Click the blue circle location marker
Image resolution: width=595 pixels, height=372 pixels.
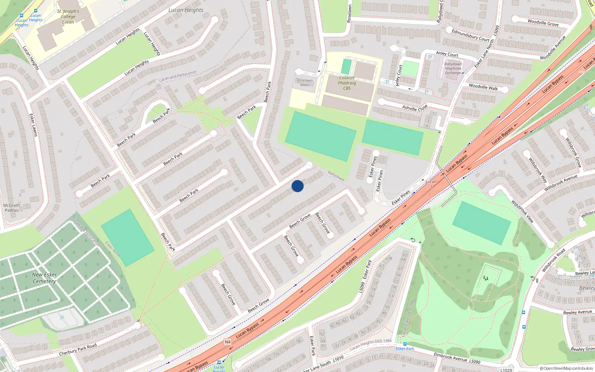(x=297, y=186)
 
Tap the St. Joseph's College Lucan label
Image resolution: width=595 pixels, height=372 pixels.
(x=68, y=17)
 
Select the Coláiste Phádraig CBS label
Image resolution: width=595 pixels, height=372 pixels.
(x=347, y=83)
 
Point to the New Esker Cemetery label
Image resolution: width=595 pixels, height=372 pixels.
(x=44, y=278)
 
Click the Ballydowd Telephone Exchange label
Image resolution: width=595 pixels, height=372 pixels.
(x=453, y=68)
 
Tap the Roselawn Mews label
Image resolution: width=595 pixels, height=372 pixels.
(x=305, y=83)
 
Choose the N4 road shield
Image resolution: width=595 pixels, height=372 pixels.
(x=228, y=342)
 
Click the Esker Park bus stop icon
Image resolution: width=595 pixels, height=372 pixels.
(x=405, y=344)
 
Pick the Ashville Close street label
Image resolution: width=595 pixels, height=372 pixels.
(x=415, y=108)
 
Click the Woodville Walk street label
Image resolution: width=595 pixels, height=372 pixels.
(x=483, y=87)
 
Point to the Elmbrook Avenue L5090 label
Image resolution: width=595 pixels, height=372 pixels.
(x=457, y=359)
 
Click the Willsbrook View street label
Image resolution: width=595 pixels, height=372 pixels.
(x=522, y=211)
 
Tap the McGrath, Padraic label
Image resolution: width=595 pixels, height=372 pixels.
(x=12, y=208)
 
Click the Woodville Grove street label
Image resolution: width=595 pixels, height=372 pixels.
(x=543, y=23)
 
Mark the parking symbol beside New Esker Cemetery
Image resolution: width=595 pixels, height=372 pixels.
(x=62, y=318)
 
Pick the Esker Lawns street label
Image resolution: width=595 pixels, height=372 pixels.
(x=33, y=125)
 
